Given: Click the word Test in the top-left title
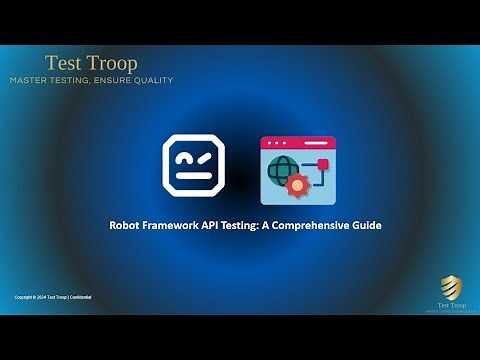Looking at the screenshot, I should point(63,63).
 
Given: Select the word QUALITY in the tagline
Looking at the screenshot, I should point(151,80).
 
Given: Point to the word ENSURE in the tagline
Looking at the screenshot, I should point(108,80).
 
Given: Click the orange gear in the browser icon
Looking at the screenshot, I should point(296,185).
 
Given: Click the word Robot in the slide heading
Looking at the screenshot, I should point(124,225).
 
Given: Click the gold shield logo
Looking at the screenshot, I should point(452,287).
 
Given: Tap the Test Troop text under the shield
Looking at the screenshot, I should point(452,304).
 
